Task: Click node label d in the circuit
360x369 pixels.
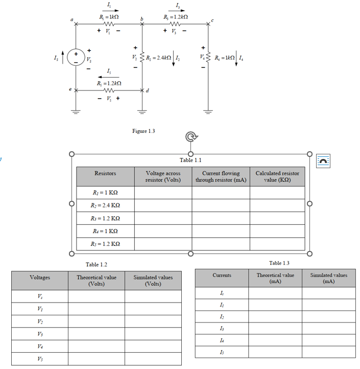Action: (x=148, y=91)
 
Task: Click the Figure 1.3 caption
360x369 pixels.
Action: (x=143, y=131)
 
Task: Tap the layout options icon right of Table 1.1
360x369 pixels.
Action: (x=324, y=160)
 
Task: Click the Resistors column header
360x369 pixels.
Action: (x=105, y=173)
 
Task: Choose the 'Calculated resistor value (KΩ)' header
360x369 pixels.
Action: (x=277, y=176)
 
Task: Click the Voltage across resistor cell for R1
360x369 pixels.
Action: (x=163, y=193)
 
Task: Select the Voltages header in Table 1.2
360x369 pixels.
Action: (x=40, y=278)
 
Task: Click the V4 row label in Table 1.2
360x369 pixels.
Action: (x=40, y=345)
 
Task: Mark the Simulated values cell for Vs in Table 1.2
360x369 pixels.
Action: (x=153, y=297)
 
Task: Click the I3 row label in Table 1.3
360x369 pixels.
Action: (x=222, y=329)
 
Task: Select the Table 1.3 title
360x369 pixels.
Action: (x=279, y=263)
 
